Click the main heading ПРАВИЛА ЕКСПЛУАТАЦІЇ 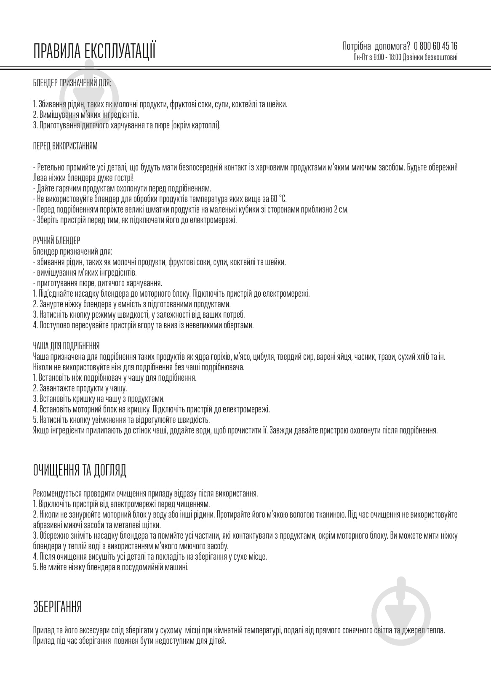(x=94, y=50)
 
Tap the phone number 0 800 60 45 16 (x=436, y=46)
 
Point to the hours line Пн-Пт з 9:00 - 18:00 (x=377, y=57)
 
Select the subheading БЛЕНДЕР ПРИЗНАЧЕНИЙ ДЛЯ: (x=72, y=83)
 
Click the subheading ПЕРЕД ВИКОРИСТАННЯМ (x=65, y=146)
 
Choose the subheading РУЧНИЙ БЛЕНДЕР (x=56, y=241)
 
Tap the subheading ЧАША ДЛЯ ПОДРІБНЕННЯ (x=66, y=346)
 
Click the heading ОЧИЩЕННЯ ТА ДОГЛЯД (x=80, y=470)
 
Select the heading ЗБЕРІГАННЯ (x=57, y=607)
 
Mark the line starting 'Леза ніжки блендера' (x=83, y=178)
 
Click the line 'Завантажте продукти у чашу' (x=80, y=388)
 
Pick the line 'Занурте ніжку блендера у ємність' (x=132, y=304)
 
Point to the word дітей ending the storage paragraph (x=218, y=641)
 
